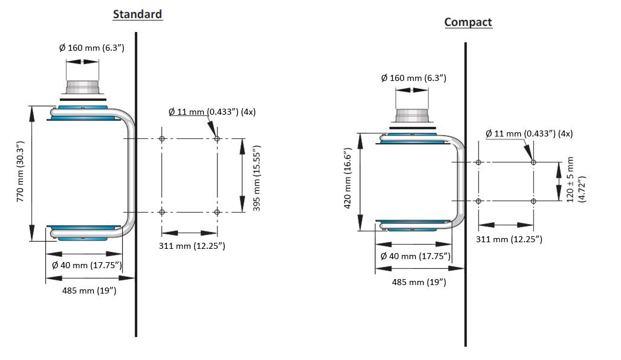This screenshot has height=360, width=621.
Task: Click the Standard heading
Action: point(137,14)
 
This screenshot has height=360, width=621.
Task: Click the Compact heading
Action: point(468,22)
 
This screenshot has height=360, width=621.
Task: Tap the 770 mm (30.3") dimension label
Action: point(21,171)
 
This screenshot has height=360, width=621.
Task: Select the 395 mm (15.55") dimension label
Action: point(257,178)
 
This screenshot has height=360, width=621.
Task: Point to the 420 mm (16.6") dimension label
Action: point(348,178)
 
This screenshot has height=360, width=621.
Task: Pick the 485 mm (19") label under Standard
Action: point(89,291)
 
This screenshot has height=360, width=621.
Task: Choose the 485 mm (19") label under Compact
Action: point(419,282)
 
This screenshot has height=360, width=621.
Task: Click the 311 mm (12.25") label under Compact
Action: point(509,239)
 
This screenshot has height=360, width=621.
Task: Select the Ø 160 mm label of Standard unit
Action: point(92,47)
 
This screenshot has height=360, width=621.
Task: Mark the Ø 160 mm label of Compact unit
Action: point(413,78)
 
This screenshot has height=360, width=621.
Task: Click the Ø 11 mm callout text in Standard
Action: point(212,112)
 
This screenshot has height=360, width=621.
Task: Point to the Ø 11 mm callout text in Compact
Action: point(529,133)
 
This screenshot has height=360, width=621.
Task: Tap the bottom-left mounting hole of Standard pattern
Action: point(161,212)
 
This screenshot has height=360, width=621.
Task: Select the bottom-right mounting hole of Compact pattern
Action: point(533,201)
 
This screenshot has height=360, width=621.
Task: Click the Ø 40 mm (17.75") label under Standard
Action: point(87,265)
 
